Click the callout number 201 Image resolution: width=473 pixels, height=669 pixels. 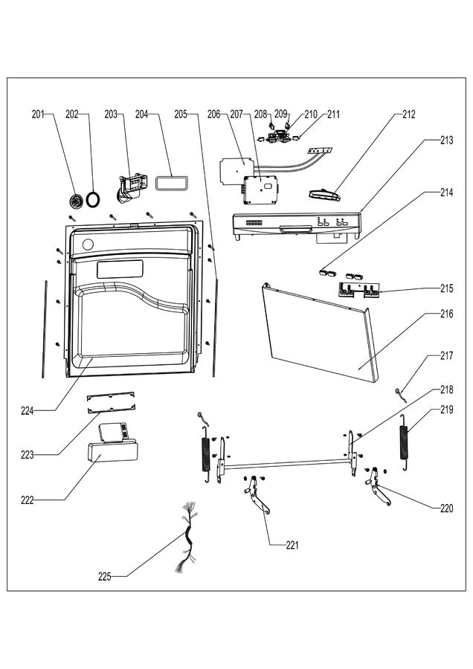pos(38,114)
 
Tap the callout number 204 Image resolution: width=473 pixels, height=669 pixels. pos(142,114)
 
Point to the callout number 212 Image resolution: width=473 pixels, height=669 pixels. pos(409,114)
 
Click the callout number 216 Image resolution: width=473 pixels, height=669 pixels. pos(446,314)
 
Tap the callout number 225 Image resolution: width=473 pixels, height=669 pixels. pos(105,576)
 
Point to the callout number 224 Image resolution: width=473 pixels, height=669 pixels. pos(27,410)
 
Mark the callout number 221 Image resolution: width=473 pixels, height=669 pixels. pos(293,545)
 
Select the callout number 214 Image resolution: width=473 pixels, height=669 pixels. pos(446,192)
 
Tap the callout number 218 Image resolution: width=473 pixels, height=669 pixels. pos(446,390)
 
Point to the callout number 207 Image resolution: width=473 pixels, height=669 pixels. pos(236,114)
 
